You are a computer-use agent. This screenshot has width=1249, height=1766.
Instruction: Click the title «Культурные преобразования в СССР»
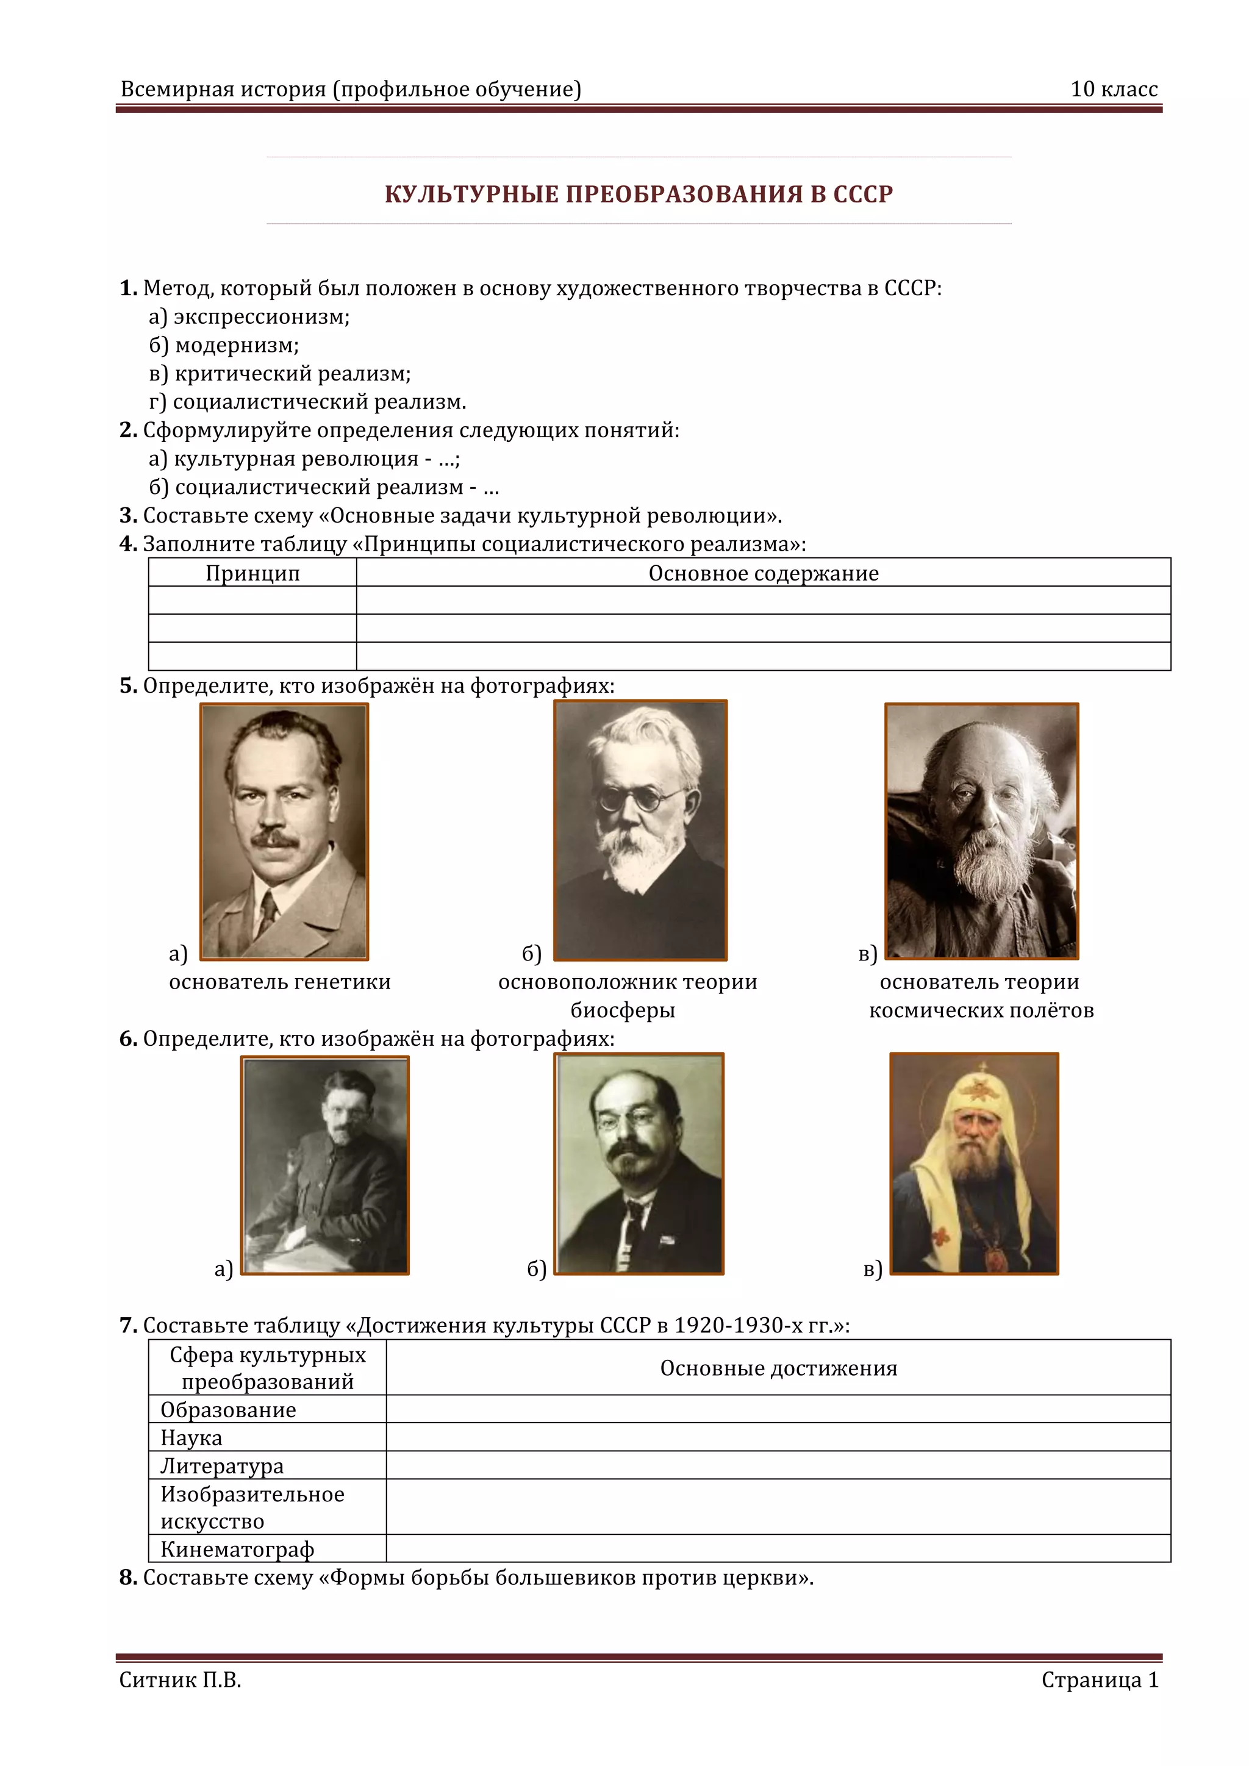639,194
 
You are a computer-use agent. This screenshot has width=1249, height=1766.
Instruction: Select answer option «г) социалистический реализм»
307,401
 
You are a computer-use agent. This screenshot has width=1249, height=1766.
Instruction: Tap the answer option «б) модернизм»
224,345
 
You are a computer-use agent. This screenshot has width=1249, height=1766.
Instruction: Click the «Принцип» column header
252,573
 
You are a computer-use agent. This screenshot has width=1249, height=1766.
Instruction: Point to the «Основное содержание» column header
763,573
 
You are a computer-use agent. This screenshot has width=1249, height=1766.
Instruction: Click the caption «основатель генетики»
280,982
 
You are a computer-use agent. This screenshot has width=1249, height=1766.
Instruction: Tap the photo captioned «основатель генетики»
284,831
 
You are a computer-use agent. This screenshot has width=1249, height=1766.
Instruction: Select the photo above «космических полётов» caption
981,831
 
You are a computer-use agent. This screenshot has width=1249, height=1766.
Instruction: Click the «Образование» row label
229,1410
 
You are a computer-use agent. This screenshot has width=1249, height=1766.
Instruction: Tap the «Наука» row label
191,1437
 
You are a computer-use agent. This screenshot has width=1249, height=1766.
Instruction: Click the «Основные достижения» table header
778,1368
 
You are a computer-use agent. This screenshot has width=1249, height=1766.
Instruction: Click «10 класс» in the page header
1114,89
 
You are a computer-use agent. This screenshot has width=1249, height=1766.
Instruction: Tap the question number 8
127,1578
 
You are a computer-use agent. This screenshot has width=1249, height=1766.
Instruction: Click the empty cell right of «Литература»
778,1465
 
